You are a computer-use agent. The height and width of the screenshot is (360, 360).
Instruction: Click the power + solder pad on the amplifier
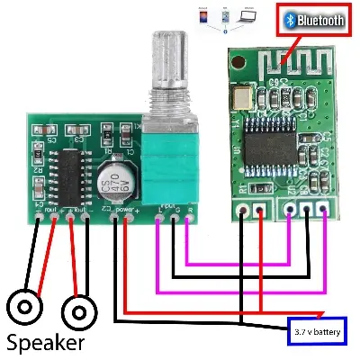pyautogui.click(x=126, y=216)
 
